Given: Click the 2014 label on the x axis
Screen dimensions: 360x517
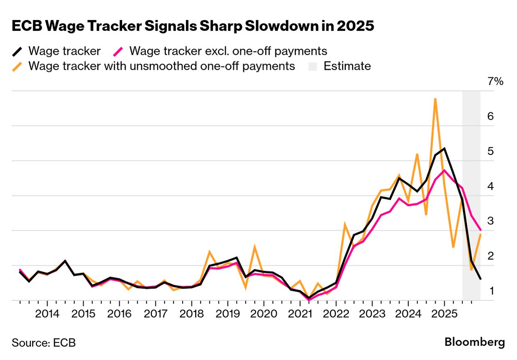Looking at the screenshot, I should click(47, 314).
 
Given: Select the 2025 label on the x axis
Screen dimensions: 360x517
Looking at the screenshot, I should click(444, 314).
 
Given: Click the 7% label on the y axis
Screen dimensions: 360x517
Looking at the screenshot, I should click(496, 81).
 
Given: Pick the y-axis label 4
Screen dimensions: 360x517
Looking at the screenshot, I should click(491, 186).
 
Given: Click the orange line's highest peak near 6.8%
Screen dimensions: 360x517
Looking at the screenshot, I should click(435, 99).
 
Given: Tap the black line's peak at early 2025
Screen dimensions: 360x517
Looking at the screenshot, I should click(444, 148).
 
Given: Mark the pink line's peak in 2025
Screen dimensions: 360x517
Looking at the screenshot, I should click(444, 170).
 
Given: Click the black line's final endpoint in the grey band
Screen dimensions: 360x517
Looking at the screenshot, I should click(480, 279).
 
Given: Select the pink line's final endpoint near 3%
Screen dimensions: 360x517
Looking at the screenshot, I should click(480, 230).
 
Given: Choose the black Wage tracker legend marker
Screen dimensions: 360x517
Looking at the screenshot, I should click(18, 51).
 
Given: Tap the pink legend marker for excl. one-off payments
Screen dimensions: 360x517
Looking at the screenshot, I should click(119, 51).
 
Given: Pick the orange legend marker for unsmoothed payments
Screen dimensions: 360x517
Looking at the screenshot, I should click(18, 66).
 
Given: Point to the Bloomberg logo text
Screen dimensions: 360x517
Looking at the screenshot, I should click(474, 342).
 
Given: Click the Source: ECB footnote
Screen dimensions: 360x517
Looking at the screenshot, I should click(44, 343).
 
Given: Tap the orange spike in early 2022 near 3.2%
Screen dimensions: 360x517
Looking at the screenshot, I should click(345, 224).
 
